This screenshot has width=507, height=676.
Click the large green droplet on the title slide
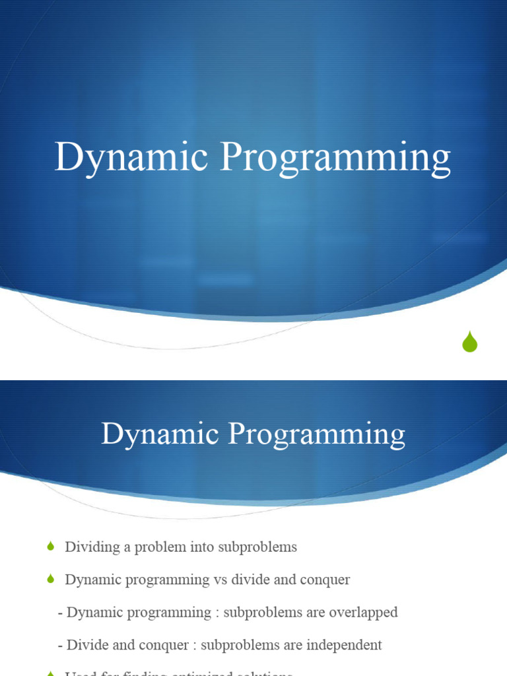tap(469, 342)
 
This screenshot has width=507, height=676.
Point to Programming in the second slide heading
tap(317, 436)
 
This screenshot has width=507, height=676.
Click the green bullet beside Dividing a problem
tap(51, 547)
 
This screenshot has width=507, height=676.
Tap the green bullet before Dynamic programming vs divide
tap(51, 579)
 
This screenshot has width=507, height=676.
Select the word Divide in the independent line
tap(86, 644)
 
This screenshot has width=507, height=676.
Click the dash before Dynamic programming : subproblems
tap(61, 613)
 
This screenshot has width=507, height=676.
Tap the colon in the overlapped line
tap(217, 613)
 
